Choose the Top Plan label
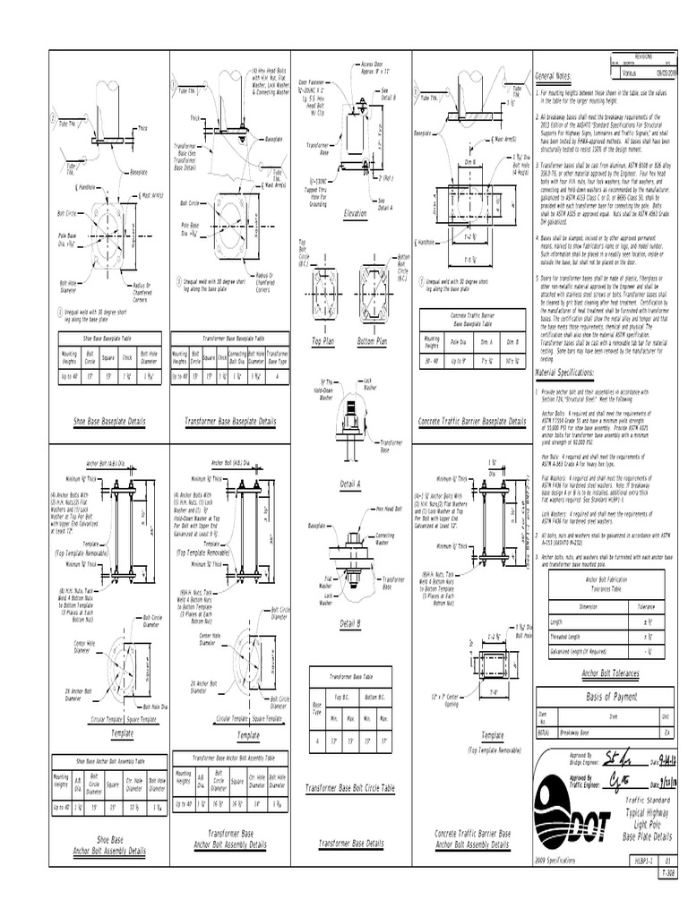tap(322, 341)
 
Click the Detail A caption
tap(350, 484)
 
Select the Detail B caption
tap(350, 622)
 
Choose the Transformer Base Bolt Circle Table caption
tap(349, 787)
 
